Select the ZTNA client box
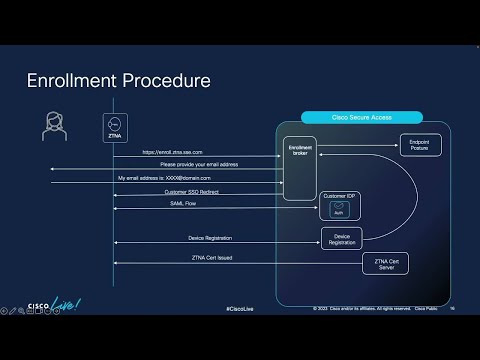pos(114,127)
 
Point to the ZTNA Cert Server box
pos(385,263)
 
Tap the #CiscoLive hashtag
pos(240,308)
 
